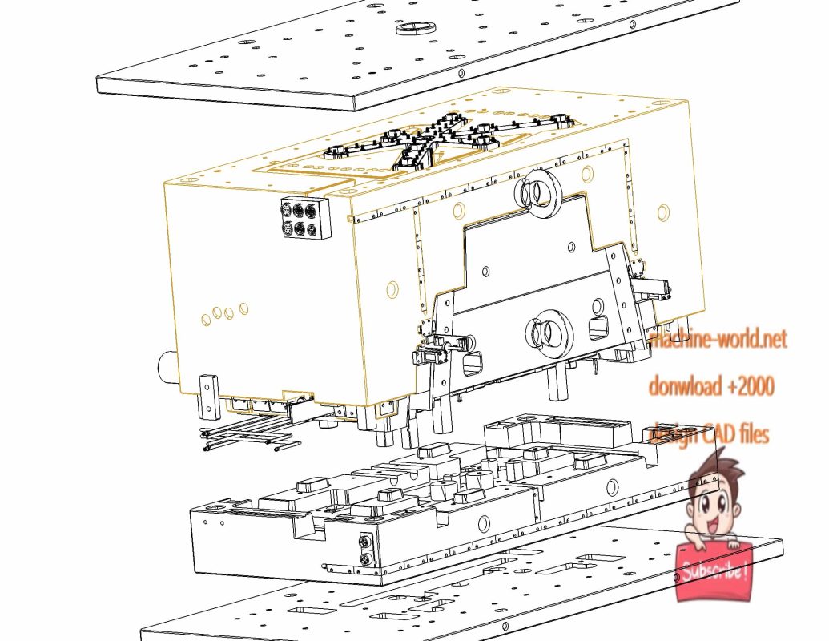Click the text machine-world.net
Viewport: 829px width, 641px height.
click(718, 338)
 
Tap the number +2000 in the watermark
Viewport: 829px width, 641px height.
click(751, 386)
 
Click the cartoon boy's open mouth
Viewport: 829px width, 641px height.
click(711, 526)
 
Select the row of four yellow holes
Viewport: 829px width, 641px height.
click(225, 314)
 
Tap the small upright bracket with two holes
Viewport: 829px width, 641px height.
click(208, 397)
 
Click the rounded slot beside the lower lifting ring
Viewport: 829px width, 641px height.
click(599, 328)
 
